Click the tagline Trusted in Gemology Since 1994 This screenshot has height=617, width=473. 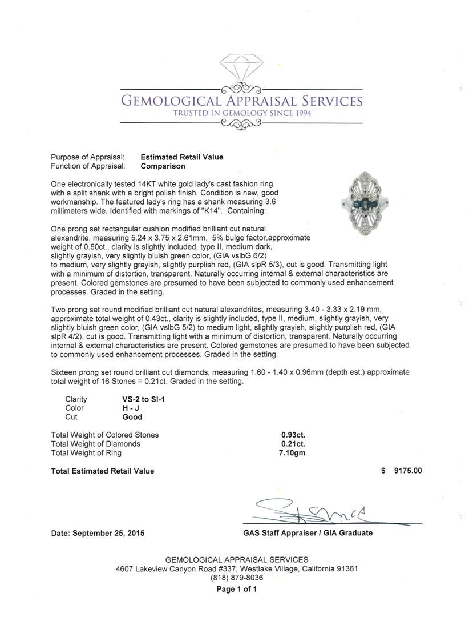(242, 113)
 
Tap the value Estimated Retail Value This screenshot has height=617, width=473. (182, 157)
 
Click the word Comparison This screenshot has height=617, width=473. (163, 166)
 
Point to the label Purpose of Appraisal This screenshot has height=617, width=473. (88, 157)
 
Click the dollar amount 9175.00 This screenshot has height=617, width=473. (407, 471)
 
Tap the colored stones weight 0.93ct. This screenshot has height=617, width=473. (293, 435)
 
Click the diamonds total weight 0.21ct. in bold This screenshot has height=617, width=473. (293, 444)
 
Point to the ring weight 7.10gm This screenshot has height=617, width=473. (293, 453)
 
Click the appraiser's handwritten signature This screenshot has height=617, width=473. (308, 510)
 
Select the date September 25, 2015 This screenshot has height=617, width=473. (98, 533)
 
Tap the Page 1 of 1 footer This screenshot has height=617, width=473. (236, 589)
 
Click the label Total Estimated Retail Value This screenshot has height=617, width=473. (103, 471)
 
